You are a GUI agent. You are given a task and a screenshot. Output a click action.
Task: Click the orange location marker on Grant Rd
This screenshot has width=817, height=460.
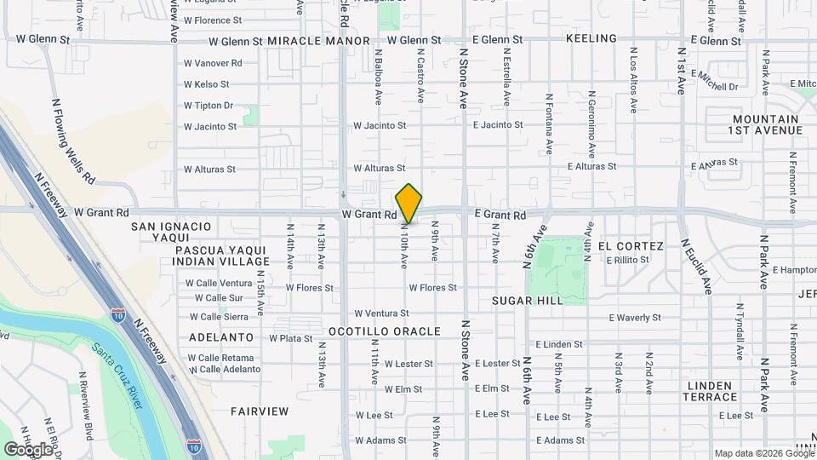click(x=408, y=203)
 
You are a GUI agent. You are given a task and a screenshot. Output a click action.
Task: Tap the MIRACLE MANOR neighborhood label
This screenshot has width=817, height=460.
click(x=318, y=41)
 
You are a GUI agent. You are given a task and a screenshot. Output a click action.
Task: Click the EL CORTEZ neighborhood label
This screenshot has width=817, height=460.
click(x=630, y=246)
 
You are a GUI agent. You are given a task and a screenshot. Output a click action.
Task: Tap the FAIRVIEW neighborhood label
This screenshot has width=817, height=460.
click(x=260, y=411)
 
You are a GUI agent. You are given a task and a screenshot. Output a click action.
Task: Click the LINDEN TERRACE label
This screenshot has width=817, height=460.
click(x=710, y=391)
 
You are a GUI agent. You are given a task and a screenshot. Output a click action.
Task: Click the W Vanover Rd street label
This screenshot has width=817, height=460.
click(x=213, y=63)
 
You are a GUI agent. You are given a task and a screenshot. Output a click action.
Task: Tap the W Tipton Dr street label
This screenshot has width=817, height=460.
click(x=209, y=106)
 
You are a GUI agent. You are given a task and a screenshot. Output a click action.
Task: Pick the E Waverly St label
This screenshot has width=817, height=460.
click(x=635, y=318)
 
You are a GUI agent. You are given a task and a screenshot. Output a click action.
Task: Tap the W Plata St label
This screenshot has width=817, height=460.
click(x=291, y=338)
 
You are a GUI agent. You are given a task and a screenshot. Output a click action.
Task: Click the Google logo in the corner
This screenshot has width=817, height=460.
click(x=28, y=449)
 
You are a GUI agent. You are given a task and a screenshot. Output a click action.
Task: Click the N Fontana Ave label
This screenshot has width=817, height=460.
click(x=550, y=124)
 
